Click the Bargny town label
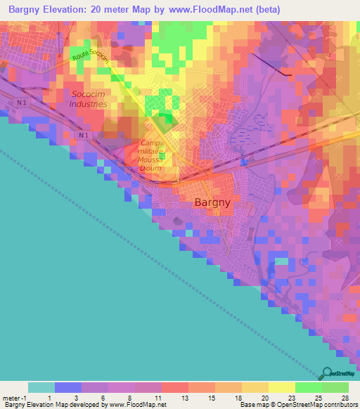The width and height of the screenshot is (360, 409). [212, 202]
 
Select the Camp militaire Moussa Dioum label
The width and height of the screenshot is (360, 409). [150, 155]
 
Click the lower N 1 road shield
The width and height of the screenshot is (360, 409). [84, 135]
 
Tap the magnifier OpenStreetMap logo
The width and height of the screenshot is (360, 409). [326, 373]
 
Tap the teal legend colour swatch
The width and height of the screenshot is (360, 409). [41, 387]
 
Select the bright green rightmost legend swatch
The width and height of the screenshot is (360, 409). [335, 387]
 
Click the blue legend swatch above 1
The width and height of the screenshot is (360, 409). [67, 387]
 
